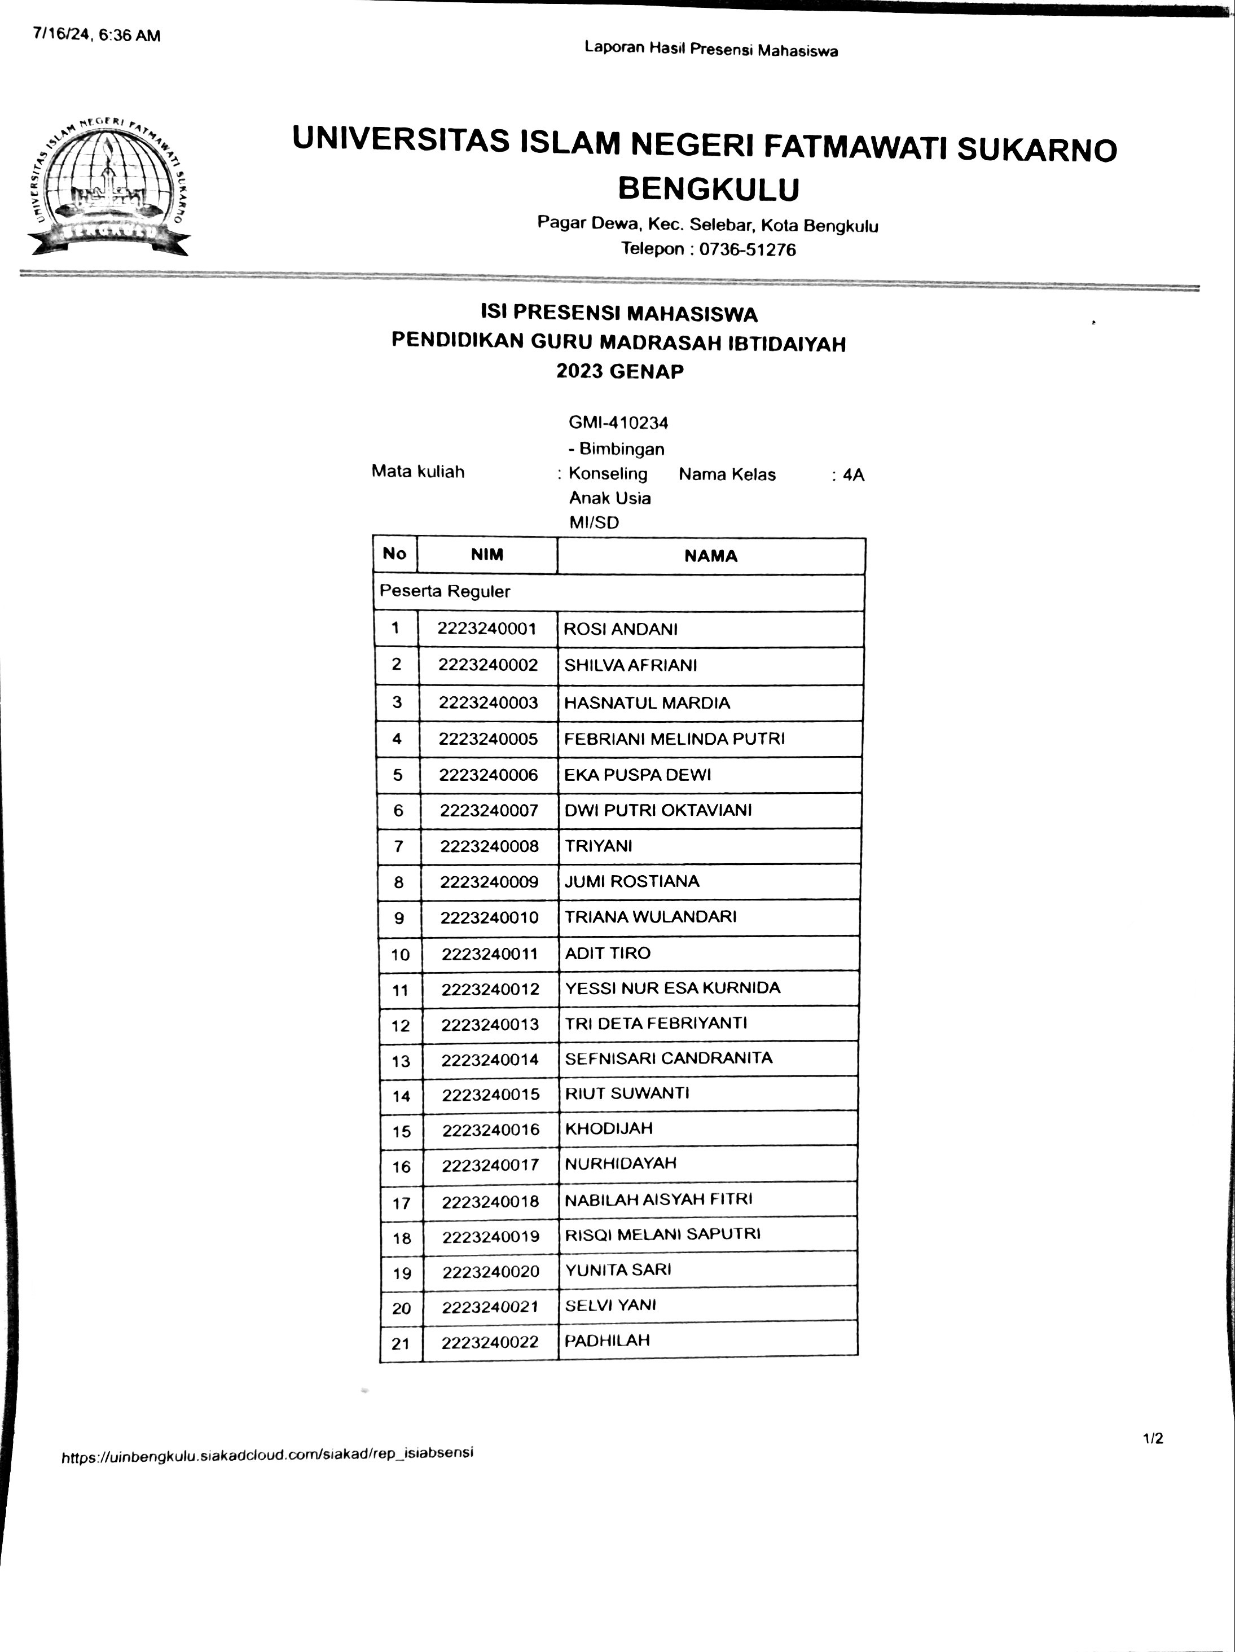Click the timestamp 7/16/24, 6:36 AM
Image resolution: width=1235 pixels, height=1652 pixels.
[x=96, y=35]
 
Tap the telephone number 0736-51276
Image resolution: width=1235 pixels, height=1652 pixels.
[x=746, y=249]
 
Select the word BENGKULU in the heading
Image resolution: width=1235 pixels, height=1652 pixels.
[x=708, y=189]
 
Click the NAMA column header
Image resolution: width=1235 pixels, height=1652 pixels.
[x=710, y=556]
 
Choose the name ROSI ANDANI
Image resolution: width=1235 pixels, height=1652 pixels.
[x=621, y=629]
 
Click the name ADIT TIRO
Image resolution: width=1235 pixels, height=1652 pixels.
[x=607, y=953]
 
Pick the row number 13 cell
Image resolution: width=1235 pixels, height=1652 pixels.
[x=401, y=1061]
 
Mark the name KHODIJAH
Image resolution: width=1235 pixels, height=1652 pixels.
[x=609, y=1128]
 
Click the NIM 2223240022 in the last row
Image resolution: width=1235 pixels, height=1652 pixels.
[x=490, y=1343]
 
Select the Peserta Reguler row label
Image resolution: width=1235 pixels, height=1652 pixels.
[x=445, y=591]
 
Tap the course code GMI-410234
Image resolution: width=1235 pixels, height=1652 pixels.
[x=618, y=423]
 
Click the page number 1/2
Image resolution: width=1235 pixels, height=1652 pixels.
[x=1152, y=1438]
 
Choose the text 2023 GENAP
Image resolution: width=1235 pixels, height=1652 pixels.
[x=619, y=371]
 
